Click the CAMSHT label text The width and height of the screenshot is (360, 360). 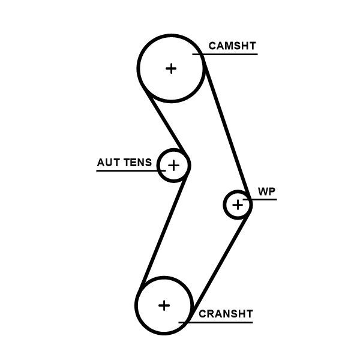tap(232, 46)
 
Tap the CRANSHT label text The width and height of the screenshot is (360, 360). tap(226, 314)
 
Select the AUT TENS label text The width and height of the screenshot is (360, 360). tap(124, 163)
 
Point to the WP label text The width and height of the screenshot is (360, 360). tap(267, 191)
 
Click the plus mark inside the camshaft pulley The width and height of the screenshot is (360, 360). tap(172, 68)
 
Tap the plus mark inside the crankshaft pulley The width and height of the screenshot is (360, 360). tap(164, 305)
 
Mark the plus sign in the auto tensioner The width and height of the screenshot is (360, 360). tap(173, 164)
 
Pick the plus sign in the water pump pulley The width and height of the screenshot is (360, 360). tap(238, 205)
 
